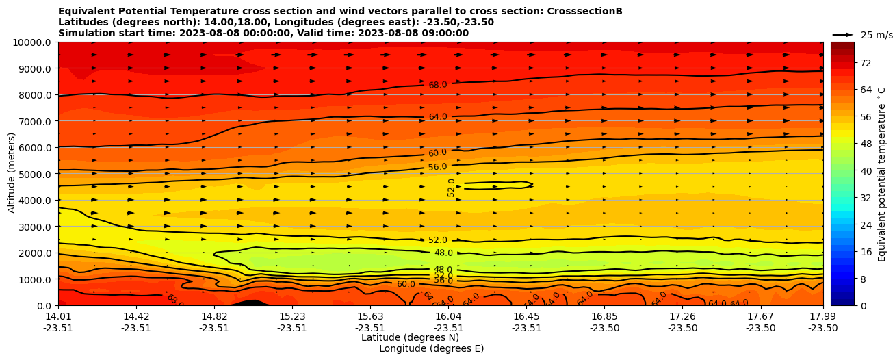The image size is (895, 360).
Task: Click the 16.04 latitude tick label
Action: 448,316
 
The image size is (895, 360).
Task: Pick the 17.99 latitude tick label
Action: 822,316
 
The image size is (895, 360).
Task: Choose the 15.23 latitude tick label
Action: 292,316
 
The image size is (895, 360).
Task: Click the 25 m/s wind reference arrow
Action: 843,34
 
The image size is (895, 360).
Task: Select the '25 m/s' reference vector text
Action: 876,35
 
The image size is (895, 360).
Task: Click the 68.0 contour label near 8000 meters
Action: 438,85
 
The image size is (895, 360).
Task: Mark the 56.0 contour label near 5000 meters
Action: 438,167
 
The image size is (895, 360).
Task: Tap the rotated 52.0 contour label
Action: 452,188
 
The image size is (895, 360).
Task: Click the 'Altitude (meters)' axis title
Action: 12,174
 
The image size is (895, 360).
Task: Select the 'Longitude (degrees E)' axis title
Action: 431,348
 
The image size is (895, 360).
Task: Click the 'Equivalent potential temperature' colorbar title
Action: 882,174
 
